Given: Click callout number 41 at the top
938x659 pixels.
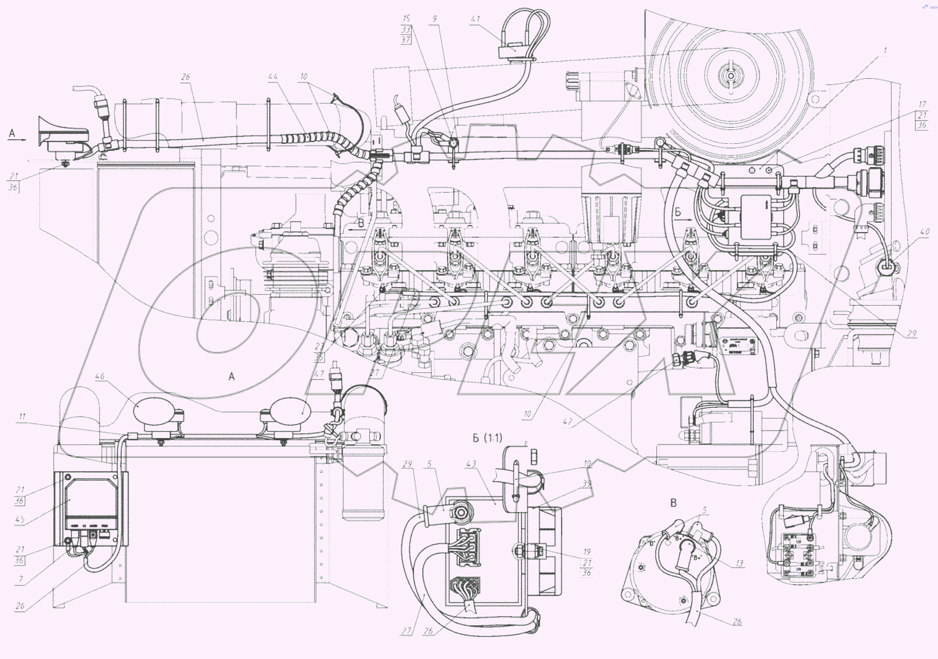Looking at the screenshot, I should pyautogui.click(x=475, y=19).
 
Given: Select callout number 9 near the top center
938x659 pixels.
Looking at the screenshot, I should pyautogui.click(x=435, y=19).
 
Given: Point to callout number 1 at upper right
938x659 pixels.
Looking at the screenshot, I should pyautogui.click(x=885, y=51).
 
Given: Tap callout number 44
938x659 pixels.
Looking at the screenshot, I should pyautogui.click(x=272, y=77).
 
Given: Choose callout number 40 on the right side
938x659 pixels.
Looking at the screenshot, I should pyautogui.click(x=924, y=232).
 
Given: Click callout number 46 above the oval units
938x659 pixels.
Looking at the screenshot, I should pyautogui.click(x=100, y=376).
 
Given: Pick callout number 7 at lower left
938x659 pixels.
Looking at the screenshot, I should pyautogui.click(x=21, y=580).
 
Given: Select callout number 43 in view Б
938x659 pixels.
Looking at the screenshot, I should pyautogui.click(x=471, y=464).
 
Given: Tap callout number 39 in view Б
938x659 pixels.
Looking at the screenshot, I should pyautogui.click(x=587, y=483).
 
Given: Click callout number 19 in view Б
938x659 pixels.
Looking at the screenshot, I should pyautogui.click(x=587, y=552).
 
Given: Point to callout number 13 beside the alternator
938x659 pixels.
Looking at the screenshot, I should pyautogui.click(x=739, y=563).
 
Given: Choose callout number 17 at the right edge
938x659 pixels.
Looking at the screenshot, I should pyautogui.click(x=922, y=104).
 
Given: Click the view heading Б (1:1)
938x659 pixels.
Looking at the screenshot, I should pyautogui.click(x=487, y=438).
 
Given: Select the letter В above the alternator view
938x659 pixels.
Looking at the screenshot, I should pyautogui.click(x=673, y=503).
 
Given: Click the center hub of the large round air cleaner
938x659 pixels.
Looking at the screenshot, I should pyautogui.click(x=730, y=75).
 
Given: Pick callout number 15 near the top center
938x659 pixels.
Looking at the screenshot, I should pyautogui.click(x=406, y=19).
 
